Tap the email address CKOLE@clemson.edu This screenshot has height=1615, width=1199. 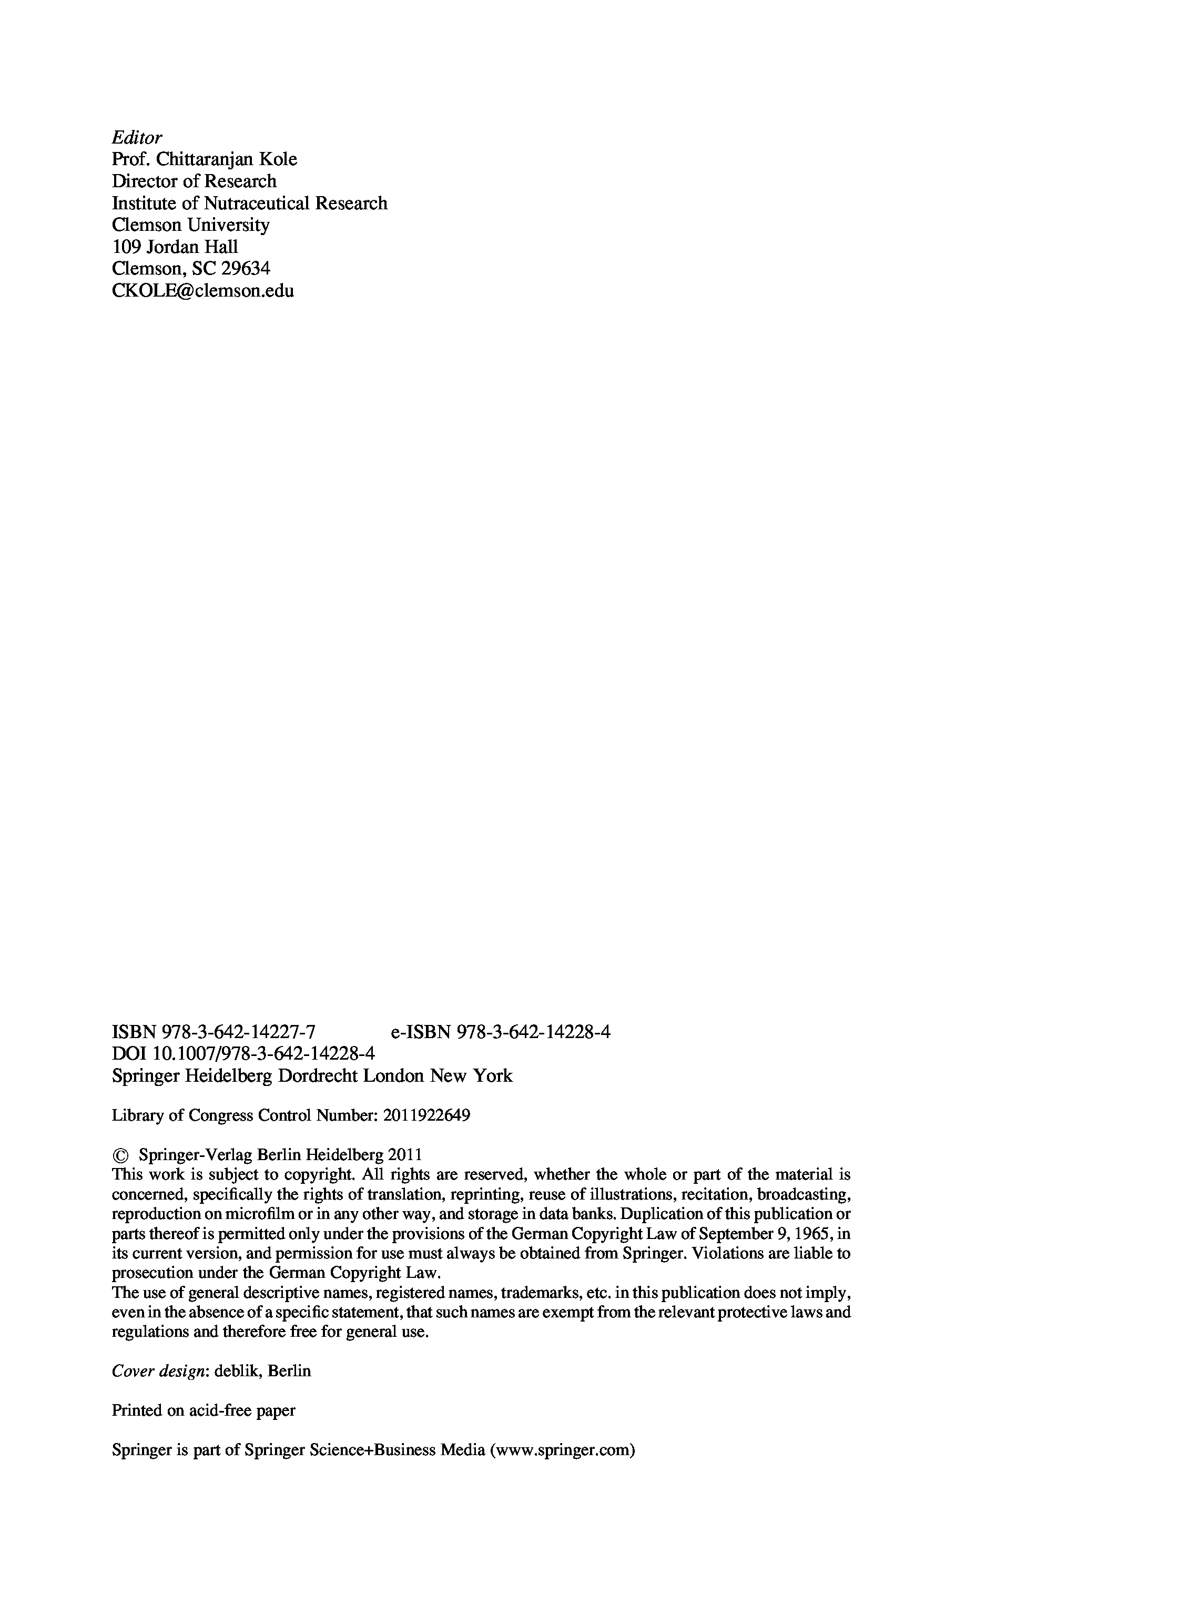point(202,291)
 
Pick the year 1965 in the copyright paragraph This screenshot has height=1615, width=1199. point(815,1234)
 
